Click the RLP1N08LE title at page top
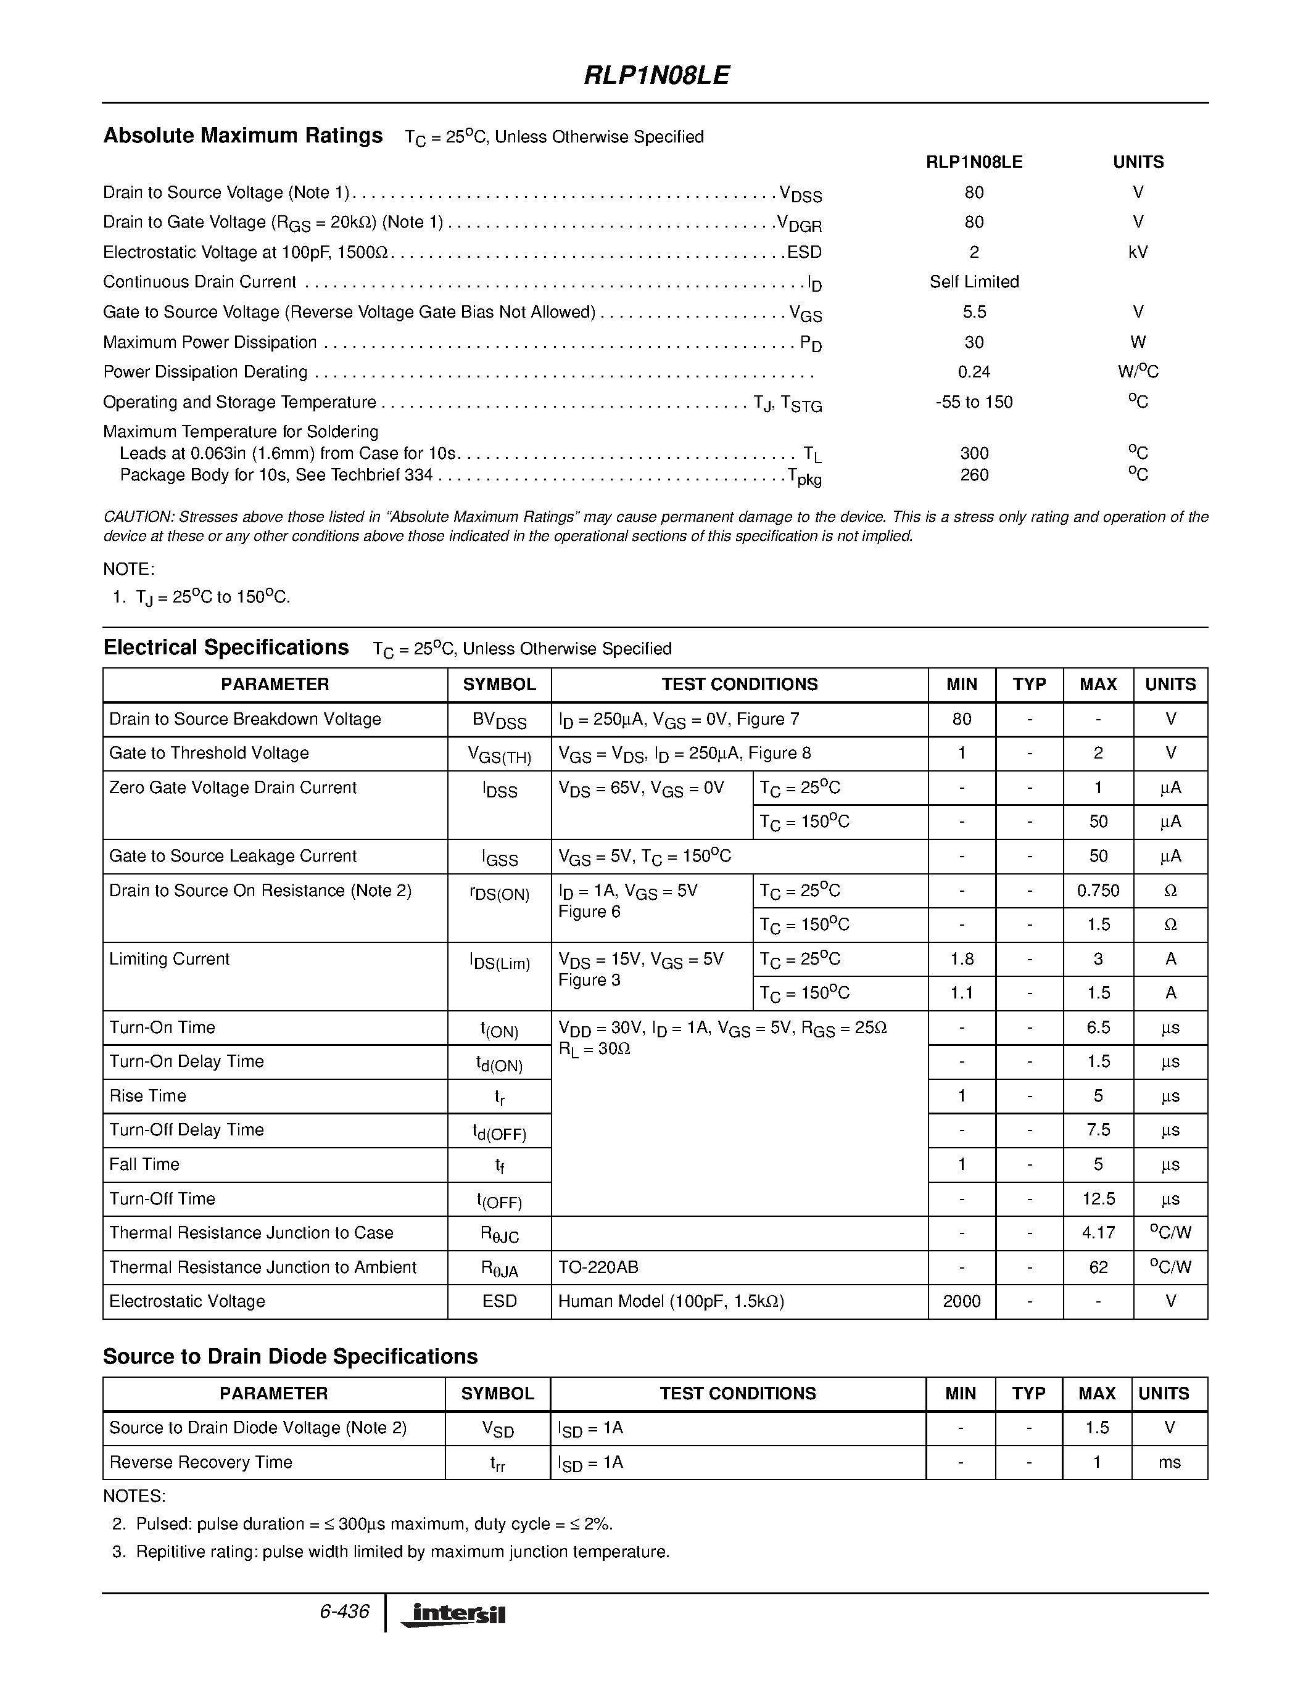(x=656, y=75)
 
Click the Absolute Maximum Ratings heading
(x=242, y=136)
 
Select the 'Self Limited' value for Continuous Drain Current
(x=974, y=282)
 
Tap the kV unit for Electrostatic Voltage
(x=1138, y=252)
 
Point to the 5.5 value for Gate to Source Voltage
(x=974, y=312)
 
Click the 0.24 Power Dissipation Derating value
(x=974, y=372)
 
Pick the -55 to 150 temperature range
(x=974, y=402)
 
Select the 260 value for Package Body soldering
(x=974, y=474)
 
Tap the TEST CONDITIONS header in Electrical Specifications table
(x=739, y=684)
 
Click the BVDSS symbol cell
(x=499, y=720)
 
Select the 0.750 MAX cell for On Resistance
(x=1098, y=891)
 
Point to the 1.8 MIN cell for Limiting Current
(x=962, y=959)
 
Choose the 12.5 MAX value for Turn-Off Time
(x=1098, y=1199)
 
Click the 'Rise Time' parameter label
(x=147, y=1096)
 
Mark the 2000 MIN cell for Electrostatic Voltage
(x=962, y=1301)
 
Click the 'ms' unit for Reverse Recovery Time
(x=1169, y=1462)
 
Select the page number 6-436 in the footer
(x=344, y=1612)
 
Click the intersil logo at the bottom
(x=453, y=1615)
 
